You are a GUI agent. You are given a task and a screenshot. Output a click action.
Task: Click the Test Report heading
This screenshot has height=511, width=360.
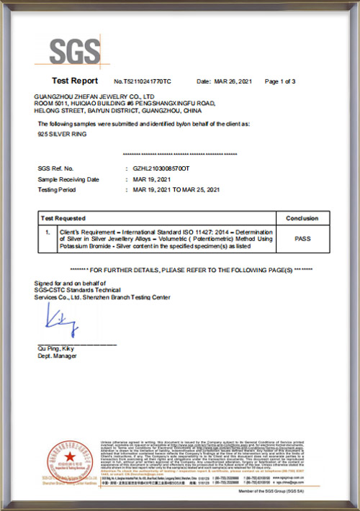tap(75, 81)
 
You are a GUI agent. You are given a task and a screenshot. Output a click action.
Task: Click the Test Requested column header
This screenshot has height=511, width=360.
tap(63, 218)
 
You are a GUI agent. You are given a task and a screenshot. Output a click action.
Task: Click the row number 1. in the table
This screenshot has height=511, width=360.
tap(47, 232)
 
